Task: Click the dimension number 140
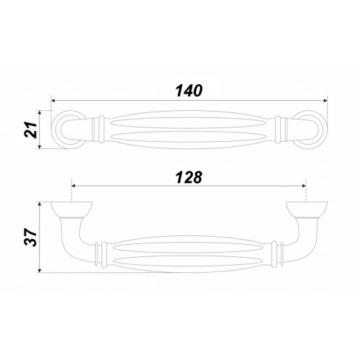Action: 189,91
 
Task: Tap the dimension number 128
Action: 189,178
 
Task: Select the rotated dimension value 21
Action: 31,130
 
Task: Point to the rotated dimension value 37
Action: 31,237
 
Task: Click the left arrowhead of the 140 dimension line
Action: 54,101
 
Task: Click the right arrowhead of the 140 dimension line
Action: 325,101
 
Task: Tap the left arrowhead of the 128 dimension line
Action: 74,186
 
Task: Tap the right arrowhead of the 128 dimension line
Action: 304,186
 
